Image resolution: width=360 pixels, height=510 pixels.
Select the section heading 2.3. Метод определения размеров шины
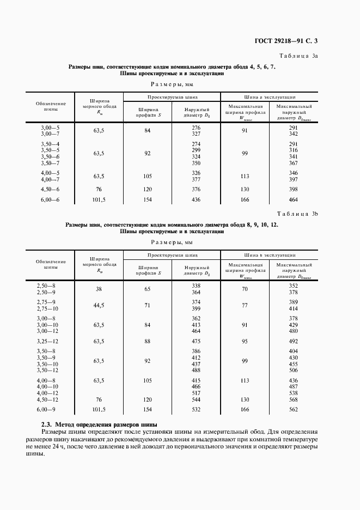click(x=99, y=424)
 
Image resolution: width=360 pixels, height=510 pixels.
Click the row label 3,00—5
click(x=50, y=127)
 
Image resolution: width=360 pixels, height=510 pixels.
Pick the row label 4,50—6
click(x=50, y=190)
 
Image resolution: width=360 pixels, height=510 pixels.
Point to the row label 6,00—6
click(x=50, y=201)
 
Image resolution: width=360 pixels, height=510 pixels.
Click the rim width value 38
click(x=99, y=289)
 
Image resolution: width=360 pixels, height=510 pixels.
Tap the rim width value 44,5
click(x=99, y=305)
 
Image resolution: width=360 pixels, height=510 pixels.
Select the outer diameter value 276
click(x=197, y=127)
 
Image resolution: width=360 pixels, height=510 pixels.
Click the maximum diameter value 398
click(x=294, y=190)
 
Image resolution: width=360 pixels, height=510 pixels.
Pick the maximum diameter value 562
click(x=294, y=409)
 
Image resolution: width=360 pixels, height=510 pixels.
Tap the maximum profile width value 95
click(x=245, y=342)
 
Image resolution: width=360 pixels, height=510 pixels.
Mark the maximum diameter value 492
click(x=294, y=342)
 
